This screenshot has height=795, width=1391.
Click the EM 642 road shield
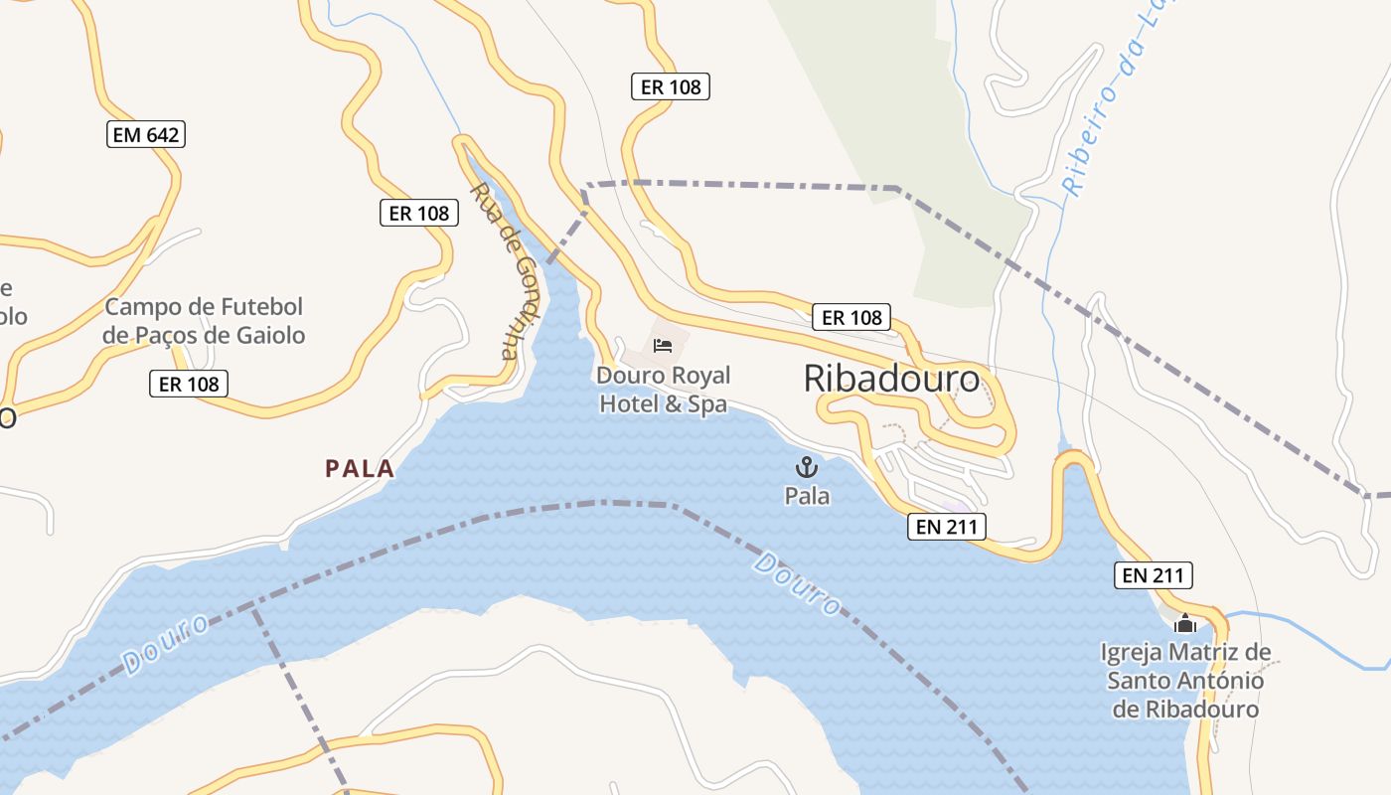coord(146,134)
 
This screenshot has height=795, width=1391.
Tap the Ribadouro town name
coord(891,379)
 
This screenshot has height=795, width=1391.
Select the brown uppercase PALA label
coord(360,469)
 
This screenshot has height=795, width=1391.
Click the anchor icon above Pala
coord(807,466)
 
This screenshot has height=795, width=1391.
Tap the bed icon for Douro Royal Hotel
coord(663,346)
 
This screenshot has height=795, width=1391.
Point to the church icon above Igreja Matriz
coord(1184,623)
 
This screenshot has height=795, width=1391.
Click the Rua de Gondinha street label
coord(508,269)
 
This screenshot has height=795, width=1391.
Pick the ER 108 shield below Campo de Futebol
coord(189,384)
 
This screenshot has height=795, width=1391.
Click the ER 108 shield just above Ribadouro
coord(851,318)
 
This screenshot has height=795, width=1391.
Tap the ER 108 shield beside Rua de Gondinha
coord(418,213)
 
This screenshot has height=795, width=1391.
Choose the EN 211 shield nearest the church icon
coord(1153,574)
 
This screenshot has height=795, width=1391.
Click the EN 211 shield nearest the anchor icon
coord(947,527)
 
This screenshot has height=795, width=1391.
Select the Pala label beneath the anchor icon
coord(807,495)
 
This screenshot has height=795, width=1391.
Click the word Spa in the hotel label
coord(707,404)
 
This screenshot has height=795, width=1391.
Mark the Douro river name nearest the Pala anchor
coord(797,584)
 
